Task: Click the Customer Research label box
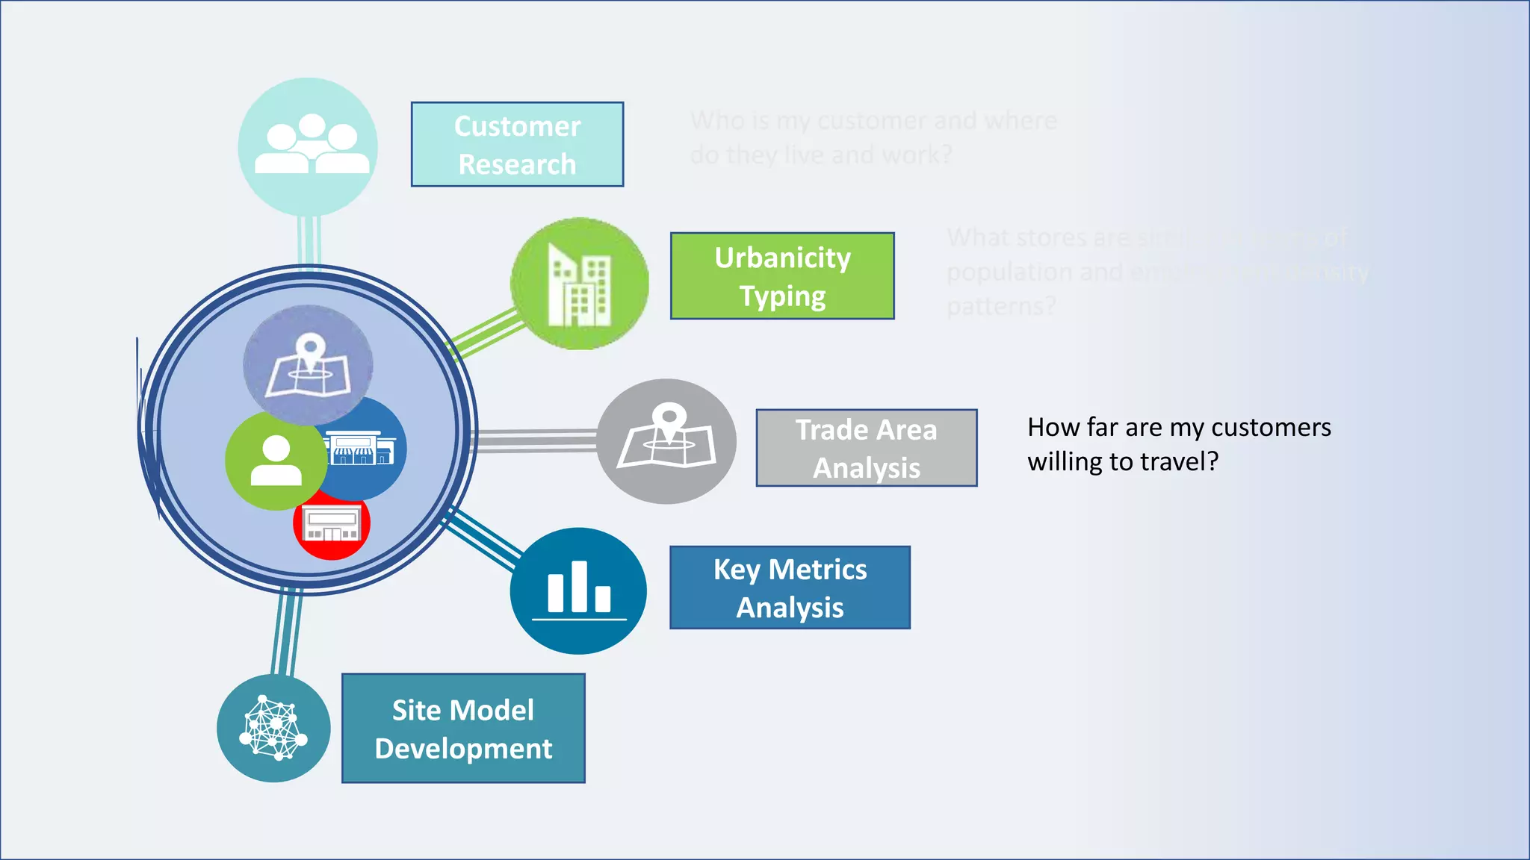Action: point(517,144)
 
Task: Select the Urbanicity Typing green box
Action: point(782,276)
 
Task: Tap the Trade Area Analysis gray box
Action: point(866,448)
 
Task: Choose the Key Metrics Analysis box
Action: point(790,588)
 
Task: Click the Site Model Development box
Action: point(463,729)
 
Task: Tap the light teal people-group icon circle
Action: point(308,147)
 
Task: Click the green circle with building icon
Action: point(580,284)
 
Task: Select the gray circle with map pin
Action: point(666,441)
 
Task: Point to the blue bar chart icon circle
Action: point(578,591)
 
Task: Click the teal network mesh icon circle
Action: point(273,729)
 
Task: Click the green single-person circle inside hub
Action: point(274,461)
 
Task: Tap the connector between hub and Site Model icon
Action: point(287,632)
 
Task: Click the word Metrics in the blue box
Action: point(817,570)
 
